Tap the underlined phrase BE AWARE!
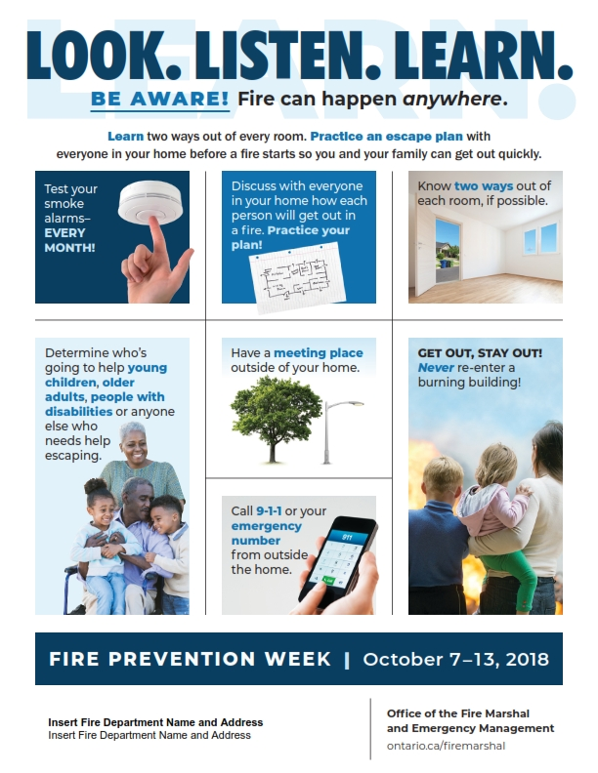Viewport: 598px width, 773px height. pyautogui.click(x=160, y=99)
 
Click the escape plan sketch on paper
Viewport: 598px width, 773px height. pyautogui.click(x=297, y=277)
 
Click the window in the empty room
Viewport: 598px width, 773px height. pyautogui.click(x=540, y=238)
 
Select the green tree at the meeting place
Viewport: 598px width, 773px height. pyautogui.click(x=270, y=418)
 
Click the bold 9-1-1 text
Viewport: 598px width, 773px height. pyautogui.click(x=269, y=510)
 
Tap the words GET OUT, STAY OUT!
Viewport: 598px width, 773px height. pyautogui.click(x=480, y=353)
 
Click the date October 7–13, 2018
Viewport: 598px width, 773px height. pyautogui.click(x=456, y=659)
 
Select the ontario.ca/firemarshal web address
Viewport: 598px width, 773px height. pyautogui.click(x=446, y=746)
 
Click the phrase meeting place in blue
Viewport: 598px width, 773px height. pyautogui.click(x=319, y=353)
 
